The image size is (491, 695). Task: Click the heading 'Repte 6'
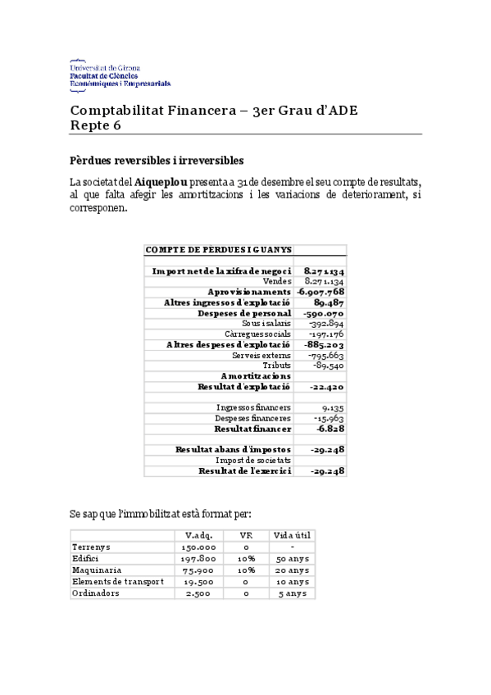coord(95,125)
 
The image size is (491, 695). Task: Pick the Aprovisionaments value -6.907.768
coord(321,291)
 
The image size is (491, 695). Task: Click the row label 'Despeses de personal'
coord(244,312)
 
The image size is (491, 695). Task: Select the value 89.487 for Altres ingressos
coord(327,302)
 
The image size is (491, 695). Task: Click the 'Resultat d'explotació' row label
coord(244,385)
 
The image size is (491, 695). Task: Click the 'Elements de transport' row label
coord(118,581)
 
